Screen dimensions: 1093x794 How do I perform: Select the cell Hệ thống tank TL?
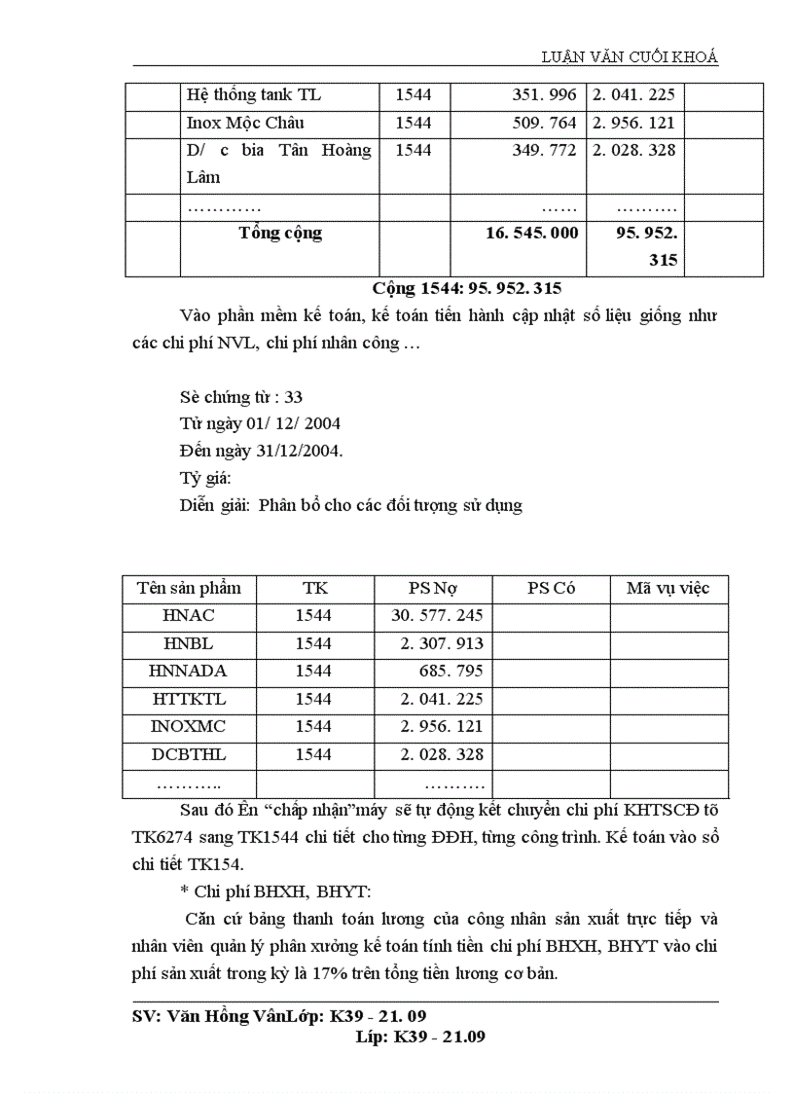(x=253, y=95)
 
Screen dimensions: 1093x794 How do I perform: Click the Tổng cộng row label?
(x=280, y=234)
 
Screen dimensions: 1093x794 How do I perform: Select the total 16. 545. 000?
(x=531, y=234)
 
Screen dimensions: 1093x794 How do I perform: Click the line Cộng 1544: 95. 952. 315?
(x=466, y=289)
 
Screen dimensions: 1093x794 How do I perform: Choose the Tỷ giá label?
(x=205, y=479)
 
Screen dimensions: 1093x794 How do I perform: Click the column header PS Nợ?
(x=433, y=589)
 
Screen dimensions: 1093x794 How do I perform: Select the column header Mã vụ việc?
(x=668, y=589)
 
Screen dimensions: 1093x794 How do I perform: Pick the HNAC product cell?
(x=189, y=616)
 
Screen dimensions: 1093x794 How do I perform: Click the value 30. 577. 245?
(x=437, y=616)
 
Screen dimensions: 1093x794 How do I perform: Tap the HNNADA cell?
(x=189, y=672)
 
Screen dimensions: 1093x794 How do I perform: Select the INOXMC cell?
(x=189, y=727)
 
